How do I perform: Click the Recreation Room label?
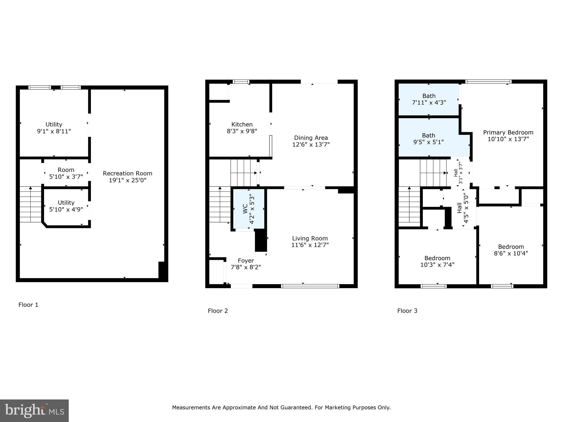pos(127,173)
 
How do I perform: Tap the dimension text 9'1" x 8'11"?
pos(54,131)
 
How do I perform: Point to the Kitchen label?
pos(242,124)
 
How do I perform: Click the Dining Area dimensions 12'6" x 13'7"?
pos(311,145)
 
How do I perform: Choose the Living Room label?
pos(310,238)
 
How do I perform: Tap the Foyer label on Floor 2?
pos(246,260)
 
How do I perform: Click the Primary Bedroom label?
pos(508,132)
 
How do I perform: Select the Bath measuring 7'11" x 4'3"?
pos(429,99)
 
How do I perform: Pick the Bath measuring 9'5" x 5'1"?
pos(429,139)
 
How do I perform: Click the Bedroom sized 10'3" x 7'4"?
pos(437,261)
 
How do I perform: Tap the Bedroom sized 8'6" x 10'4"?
pos(511,250)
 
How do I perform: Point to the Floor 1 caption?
pos(28,305)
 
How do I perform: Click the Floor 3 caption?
pos(407,311)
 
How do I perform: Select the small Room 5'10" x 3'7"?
pos(66,173)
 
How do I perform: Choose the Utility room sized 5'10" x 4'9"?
pos(66,206)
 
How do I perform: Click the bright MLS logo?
pos(34,411)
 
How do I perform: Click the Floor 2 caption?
pos(218,311)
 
